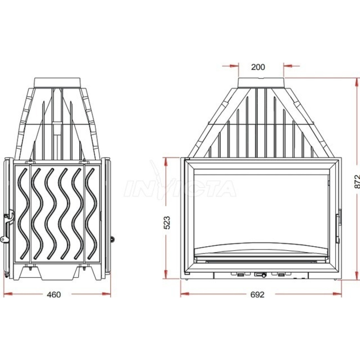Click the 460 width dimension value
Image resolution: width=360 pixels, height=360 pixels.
coord(54,294)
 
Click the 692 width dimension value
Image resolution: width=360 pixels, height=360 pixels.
coord(257,294)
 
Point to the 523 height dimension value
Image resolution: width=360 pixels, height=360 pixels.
coord(167,223)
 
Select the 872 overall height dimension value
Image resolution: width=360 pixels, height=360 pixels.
coord(356,182)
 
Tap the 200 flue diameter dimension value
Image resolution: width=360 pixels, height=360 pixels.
coord(258,67)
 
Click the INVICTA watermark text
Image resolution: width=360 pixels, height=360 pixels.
coord(181,189)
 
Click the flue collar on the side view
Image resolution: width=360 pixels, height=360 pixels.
coord(57,83)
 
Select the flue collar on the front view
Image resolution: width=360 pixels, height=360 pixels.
coord(261,83)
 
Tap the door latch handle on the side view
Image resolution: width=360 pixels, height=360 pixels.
coord(7,228)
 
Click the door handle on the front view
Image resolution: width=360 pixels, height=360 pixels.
coord(338,226)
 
